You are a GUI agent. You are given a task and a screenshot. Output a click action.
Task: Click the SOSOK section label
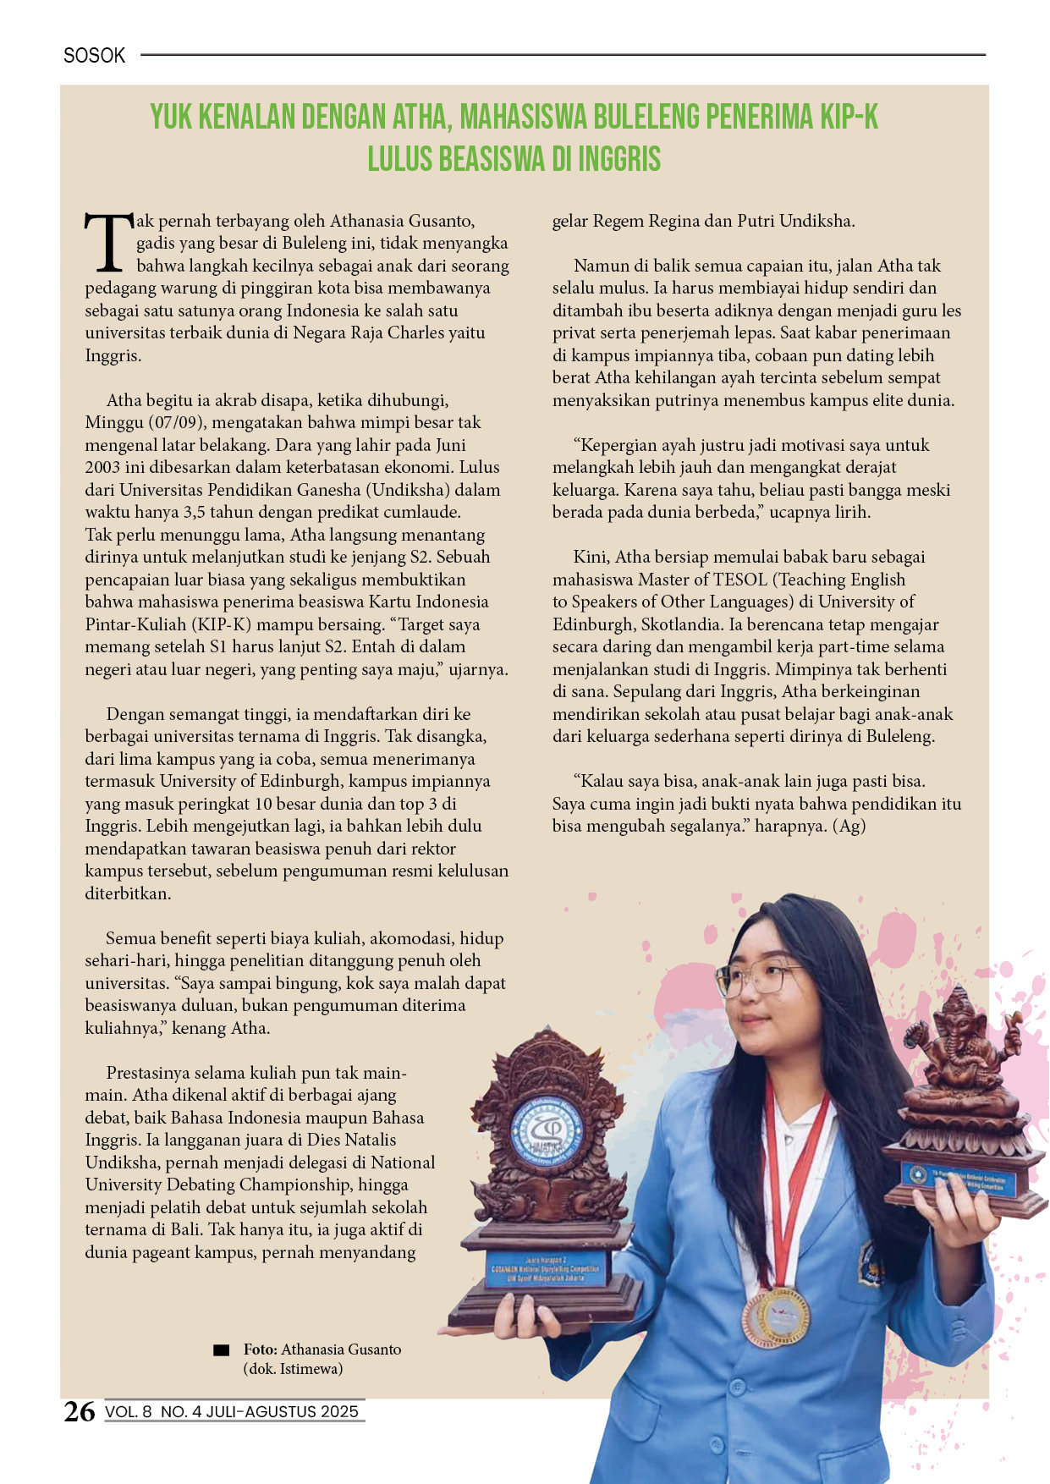(x=94, y=56)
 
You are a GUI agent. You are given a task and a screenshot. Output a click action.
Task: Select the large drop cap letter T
(x=108, y=244)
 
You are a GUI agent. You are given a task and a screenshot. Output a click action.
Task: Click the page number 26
(x=80, y=1411)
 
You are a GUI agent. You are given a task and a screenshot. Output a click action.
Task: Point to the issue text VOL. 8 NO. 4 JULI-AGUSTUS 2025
(x=232, y=1411)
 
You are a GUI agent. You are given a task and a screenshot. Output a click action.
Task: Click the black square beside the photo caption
(x=222, y=1350)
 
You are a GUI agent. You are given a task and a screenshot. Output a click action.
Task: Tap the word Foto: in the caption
(x=261, y=1349)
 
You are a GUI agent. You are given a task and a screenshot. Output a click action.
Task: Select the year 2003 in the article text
(x=102, y=467)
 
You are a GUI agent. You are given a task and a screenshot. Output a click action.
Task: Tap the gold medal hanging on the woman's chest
(x=776, y=1316)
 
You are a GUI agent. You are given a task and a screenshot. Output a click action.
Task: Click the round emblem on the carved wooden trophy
(x=549, y=1131)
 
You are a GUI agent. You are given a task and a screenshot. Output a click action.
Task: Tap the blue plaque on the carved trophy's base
(x=545, y=1269)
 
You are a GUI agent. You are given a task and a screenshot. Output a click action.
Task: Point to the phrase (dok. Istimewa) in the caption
(x=293, y=1368)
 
